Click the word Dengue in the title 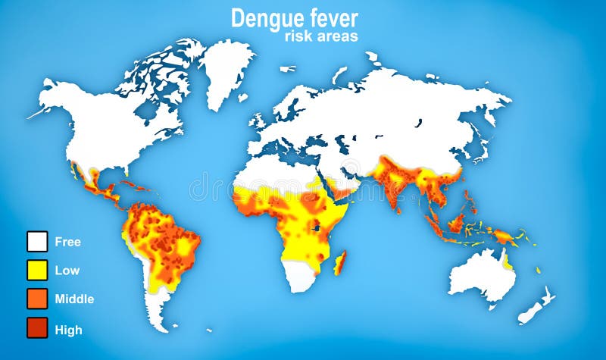click(x=265, y=18)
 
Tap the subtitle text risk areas click(x=321, y=36)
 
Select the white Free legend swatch click(x=37, y=242)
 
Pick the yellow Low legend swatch click(x=37, y=270)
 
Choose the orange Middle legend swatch click(x=37, y=299)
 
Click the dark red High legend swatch click(x=37, y=328)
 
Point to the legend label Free click(x=67, y=243)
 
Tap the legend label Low click(x=67, y=271)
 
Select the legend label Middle click(x=74, y=299)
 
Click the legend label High click(x=68, y=330)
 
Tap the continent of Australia click(x=481, y=273)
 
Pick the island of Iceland click(x=287, y=69)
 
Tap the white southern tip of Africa click(x=302, y=278)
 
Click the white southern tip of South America click(x=158, y=315)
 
